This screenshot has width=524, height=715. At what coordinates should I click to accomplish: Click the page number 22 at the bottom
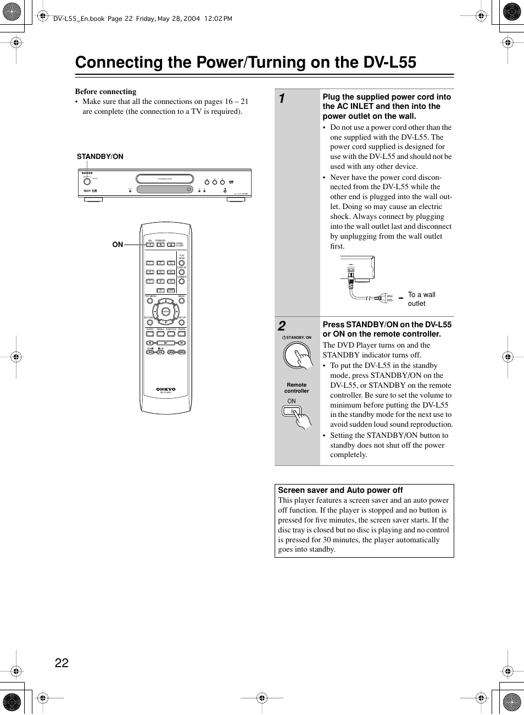tap(62, 663)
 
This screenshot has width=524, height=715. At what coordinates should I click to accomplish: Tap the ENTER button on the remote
tap(166, 312)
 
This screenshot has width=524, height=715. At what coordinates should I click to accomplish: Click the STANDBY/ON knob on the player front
tap(87, 182)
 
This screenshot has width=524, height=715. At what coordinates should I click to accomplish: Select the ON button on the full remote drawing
tap(150, 245)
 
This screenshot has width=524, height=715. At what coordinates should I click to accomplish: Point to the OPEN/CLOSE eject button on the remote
tap(171, 245)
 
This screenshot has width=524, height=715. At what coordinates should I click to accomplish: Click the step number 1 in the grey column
tap(282, 98)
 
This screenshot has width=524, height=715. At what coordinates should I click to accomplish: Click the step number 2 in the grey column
tap(282, 326)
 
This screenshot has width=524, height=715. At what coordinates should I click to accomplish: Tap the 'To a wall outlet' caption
tap(421, 299)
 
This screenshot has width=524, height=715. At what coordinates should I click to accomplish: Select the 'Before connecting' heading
tap(105, 91)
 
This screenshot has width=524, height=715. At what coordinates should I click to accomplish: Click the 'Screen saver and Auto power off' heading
tap(340, 490)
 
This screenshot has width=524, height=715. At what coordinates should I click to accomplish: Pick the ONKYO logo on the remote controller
tap(166, 389)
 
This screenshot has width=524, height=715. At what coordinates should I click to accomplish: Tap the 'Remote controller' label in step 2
tap(297, 388)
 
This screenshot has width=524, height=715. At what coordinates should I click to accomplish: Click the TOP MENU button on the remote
tap(149, 301)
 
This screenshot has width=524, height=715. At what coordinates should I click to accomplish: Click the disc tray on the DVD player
tap(165, 179)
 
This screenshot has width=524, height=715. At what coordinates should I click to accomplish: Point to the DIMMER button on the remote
tap(182, 281)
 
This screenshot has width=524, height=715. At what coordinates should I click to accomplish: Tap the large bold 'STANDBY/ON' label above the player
tap(100, 157)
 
